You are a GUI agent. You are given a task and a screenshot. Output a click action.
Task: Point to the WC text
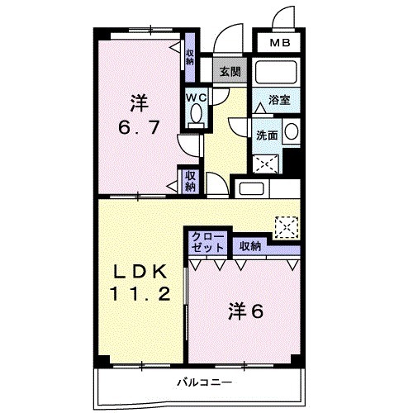(x=195, y=97)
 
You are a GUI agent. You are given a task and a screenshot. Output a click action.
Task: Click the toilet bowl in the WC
(x=195, y=116)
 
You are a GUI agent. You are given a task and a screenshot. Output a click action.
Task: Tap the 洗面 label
(x=267, y=135)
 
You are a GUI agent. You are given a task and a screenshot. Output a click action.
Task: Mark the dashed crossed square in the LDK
(x=286, y=225)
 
